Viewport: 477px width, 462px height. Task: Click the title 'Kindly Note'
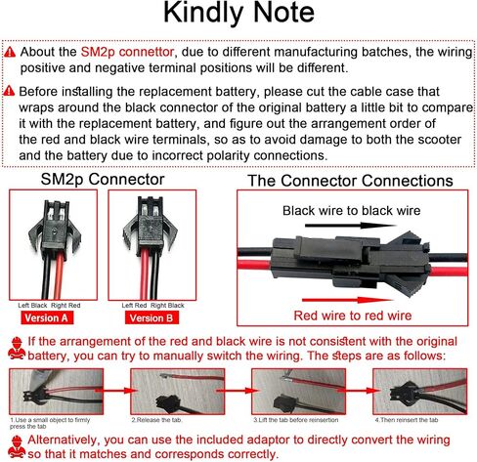click(x=239, y=17)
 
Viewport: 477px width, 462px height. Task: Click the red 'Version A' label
click(x=46, y=317)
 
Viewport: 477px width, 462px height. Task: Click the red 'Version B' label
click(x=148, y=317)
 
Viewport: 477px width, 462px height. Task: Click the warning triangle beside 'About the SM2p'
click(x=9, y=51)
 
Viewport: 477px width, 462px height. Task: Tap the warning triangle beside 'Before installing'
click(x=9, y=90)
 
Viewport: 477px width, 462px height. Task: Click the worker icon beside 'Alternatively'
click(x=14, y=444)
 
